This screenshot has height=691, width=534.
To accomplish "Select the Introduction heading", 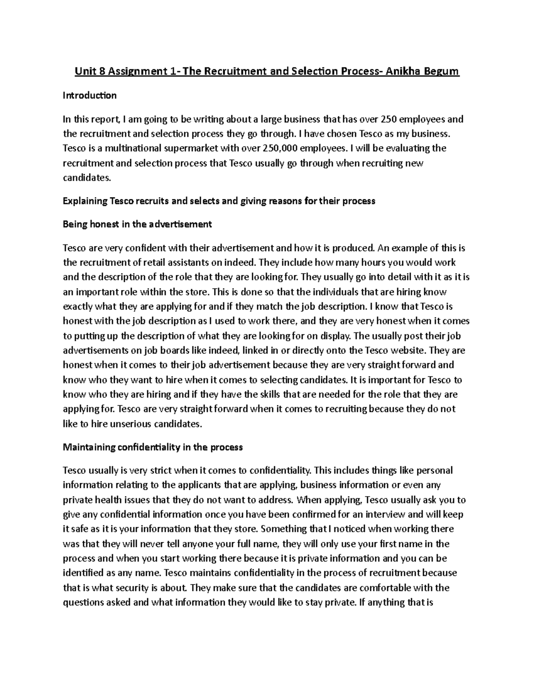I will [89, 95].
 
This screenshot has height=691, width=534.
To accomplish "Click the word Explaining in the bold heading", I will [85, 201].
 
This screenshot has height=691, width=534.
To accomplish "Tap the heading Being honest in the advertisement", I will [137, 224].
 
